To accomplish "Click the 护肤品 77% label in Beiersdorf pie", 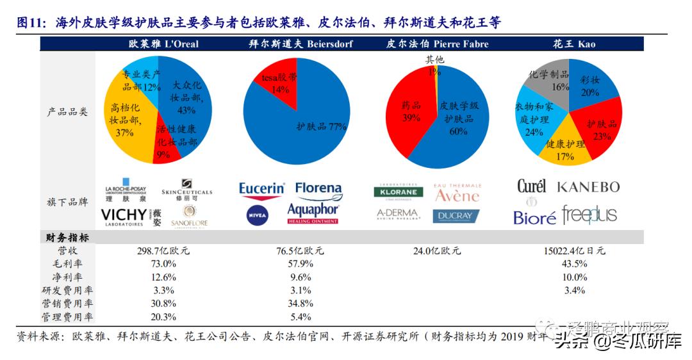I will tap(321, 127).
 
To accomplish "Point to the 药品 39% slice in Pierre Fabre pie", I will tap(410, 112).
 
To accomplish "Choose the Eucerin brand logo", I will tap(261, 189).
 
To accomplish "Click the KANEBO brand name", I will tap(588, 187).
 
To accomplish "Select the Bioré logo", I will tap(534, 218).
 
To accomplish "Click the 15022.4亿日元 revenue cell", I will tap(573, 251).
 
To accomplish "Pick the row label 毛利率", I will tap(67, 264).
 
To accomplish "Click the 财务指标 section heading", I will tap(67, 238).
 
